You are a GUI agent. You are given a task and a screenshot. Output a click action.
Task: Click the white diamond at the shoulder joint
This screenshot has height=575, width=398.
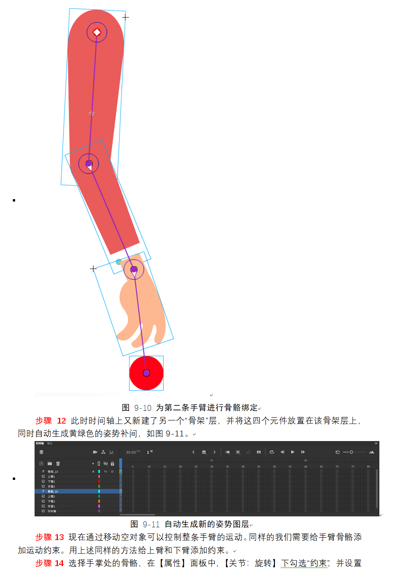[97, 32]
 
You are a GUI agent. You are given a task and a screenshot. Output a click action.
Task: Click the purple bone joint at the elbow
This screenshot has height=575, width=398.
[89, 163]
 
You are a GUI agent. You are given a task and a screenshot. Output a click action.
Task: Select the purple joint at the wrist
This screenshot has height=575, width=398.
[134, 269]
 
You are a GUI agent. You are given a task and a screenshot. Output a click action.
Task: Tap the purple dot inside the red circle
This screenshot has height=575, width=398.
[146, 373]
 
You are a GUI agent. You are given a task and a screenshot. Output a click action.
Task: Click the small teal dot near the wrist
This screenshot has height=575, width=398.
[119, 262]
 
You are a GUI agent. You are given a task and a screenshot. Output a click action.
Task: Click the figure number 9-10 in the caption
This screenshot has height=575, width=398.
[143, 408]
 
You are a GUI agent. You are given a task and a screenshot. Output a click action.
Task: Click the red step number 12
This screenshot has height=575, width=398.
[61, 421]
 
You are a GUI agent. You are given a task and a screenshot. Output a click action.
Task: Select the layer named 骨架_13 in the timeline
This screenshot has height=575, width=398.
[53, 472]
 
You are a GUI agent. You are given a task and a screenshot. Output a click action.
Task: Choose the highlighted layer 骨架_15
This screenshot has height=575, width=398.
[53, 492]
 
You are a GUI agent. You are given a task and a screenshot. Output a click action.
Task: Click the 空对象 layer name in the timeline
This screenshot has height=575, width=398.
[52, 511]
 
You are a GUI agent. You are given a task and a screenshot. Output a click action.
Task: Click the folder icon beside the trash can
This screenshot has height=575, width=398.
[50, 464]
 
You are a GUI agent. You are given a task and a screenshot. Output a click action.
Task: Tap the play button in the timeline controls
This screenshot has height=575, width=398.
[292, 452]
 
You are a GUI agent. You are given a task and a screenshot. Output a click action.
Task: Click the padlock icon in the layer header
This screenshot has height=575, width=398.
[112, 464]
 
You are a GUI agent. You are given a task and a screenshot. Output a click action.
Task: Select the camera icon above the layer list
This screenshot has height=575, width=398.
[95, 452]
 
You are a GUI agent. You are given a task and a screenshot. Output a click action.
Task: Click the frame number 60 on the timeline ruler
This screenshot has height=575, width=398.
[306, 466]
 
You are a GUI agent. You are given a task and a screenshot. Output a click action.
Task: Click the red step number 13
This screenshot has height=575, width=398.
[59, 537]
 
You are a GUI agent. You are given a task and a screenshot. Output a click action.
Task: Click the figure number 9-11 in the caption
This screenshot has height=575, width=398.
[151, 524]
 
